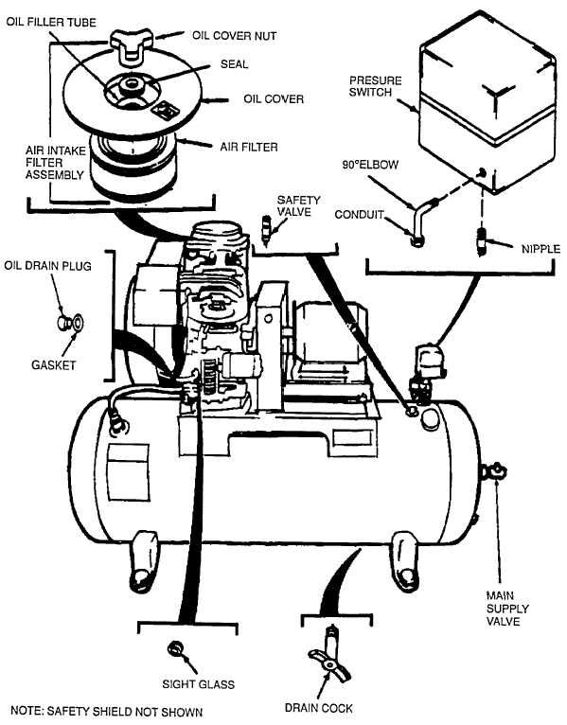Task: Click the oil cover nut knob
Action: pyautogui.click(x=131, y=45)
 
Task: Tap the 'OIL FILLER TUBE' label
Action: pyautogui.click(x=51, y=22)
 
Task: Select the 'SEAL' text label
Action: pyautogui.click(x=234, y=63)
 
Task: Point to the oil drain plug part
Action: pyautogui.click(x=64, y=322)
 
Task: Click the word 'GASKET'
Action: pyautogui.click(x=53, y=364)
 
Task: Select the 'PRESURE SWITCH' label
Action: pyautogui.click(x=375, y=86)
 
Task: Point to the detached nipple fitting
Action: pyautogui.click(x=483, y=239)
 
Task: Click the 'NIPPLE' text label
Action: pyautogui.click(x=540, y=249)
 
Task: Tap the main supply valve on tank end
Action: pyautogui.click(x=493, y=471)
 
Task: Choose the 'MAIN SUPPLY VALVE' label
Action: pyautogui.click(x=506, y=609)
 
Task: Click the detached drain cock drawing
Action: pyautogui.click(x=329, y=654)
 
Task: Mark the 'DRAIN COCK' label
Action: pyautogui.click(x=319, y=708)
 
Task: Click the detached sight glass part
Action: pyautogui.click(x=175, y=648)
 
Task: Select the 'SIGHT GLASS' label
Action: pyautogui.click(x=199, y=684)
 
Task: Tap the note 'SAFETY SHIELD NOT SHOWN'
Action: pyautogui.click(x=106, y=711)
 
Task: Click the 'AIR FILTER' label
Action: pyautogui.click(x=249, y=147)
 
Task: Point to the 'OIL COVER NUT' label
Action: pyautogui.click(x=235, y=36)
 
